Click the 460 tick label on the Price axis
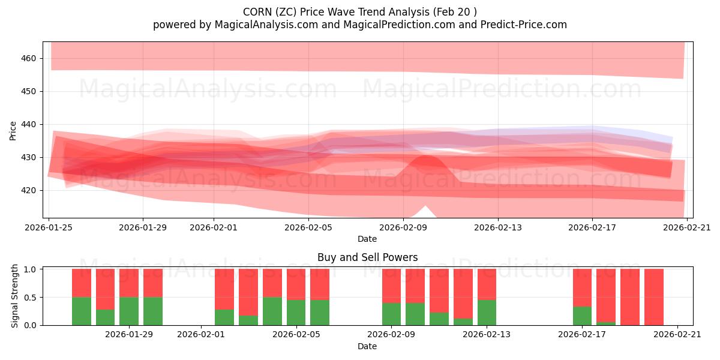click(29, 58)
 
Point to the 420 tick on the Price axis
click(29, 190)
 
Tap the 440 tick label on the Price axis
click(29, 124)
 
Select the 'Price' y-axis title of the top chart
click(13, 130)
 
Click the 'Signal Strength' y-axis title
click(15, 296)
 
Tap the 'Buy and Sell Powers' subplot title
click(367, 257)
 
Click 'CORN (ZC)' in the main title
click(274, 12)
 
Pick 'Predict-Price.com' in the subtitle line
click(519, 25)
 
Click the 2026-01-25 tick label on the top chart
click(49, 227)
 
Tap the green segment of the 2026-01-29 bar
click(129, 311)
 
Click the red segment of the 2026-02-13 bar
click(487, 284)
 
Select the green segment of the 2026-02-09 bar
click(391, 314)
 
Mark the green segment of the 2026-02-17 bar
click(582, 316)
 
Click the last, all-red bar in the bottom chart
click(654, 297)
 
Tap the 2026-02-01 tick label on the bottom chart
click(200, 335)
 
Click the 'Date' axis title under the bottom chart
click(367, 346)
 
